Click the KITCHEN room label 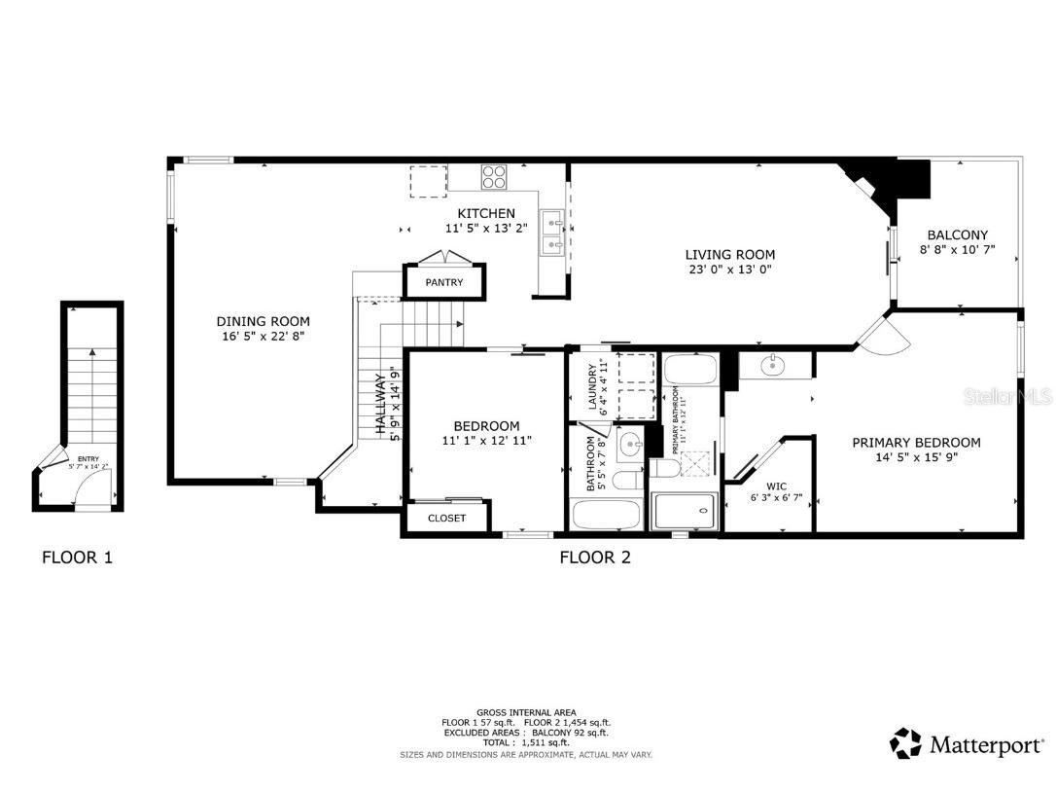click(486, 213)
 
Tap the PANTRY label click(443, 283)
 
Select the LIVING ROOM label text click(730, 255)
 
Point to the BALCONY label click(957, 235)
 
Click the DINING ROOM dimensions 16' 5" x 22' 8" click(263, 337)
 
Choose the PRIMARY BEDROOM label click(916, 443)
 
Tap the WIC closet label click(776, 486)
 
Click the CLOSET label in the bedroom click(446, 519)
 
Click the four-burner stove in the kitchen click(494, 177)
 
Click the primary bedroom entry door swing click(885, 336)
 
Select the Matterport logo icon click(905, 744)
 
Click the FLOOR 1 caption click(78, 558)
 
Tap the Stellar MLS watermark click(1016, 397)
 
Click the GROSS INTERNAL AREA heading click(526, 712)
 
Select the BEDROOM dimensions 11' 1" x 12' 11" click(486, 441)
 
